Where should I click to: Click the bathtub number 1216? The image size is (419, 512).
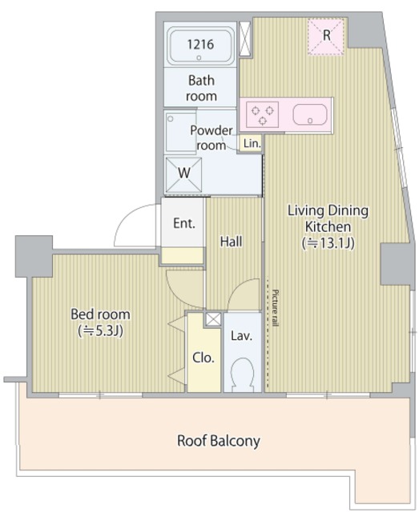pyautogui.click(x=200, y=44)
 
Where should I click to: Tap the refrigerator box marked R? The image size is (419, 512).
pyautogui.click(x=326, y=35)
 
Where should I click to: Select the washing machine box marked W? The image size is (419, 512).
pyautogui.click(x=183, y=174)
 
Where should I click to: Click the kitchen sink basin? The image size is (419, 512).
pyautogui.click(x=310, y=114)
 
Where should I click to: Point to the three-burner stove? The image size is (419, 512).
pyautogui.click(x=262, y=114)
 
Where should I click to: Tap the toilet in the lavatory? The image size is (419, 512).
pyautogui.click(x=243, y=375)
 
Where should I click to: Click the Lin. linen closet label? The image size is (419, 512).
pyautogui.click(x=252, y=143)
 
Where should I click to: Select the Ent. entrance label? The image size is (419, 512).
pyautogui.click(x=184, y=223)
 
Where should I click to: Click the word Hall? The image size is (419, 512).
pyautogui.click(x=231, y=242)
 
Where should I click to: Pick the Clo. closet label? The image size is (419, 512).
pyautogui.click(x=203, y=358)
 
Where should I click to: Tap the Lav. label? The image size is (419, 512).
pyautogui.click(x=241, y=336)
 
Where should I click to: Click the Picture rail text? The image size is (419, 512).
pyautogui.click(x=275, y=308)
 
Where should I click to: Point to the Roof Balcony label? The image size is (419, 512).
pyautogui.click(x=219, y=441)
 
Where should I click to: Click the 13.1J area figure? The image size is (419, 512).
pyautogui.click(x=328, y=243)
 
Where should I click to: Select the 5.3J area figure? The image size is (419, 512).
pyautogui.click(x=100, y=331)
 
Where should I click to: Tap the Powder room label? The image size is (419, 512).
pyautogui.click(x=212, y=138)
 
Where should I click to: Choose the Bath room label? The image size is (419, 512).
pyautogui.click(x=201, y=88)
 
